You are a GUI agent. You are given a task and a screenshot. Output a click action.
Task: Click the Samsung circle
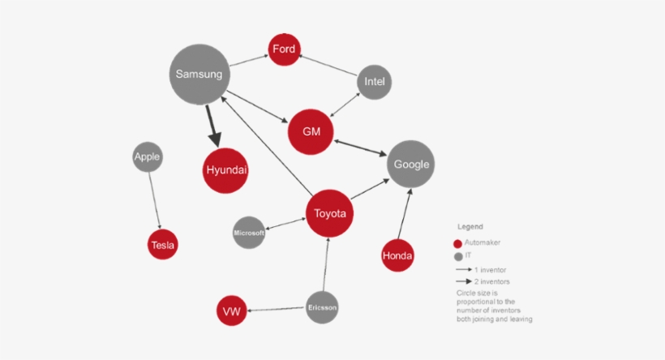coord(199,75)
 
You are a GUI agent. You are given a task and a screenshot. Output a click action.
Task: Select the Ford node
coord(284,49)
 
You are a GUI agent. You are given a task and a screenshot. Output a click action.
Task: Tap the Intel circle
coord(374,82)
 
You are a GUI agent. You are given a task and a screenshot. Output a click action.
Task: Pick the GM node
coord(311,132)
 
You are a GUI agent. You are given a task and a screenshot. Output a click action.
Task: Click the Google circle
coord(410,164)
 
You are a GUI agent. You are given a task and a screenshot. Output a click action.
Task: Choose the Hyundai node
coord(225,170)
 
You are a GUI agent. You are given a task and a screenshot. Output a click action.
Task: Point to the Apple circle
coord(148,156)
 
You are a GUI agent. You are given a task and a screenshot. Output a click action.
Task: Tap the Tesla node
coord(163,245)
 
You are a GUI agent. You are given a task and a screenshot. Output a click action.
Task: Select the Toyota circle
coord(329,213)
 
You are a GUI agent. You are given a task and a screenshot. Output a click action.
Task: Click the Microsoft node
coord(249,233)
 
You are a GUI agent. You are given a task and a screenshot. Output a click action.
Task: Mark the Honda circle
coord(397,255)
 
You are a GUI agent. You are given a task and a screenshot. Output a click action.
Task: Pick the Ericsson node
coord(322,307)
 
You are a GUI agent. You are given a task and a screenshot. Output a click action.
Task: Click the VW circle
coord(232,311)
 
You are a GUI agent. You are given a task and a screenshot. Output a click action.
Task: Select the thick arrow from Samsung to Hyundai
coord(213,126)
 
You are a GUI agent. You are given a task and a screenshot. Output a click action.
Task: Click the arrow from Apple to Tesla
coord(155,200)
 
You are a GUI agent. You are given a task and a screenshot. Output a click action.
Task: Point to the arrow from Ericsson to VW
coord(277,309)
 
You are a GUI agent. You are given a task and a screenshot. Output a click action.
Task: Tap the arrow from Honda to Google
coord(405,214)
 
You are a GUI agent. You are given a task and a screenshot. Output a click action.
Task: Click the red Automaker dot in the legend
coord(457,244)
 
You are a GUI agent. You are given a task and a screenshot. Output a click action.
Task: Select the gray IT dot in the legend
coord(458,256)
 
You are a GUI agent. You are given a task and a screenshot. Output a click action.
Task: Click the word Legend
coord(470,227)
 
